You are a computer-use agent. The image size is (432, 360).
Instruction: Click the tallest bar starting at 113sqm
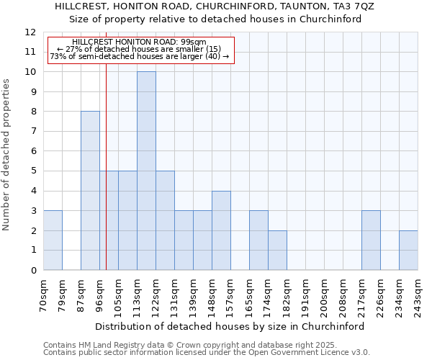pos(146,171)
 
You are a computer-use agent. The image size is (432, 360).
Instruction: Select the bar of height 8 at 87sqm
pos(90,191)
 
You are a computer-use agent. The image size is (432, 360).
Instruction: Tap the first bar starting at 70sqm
pos(53,240)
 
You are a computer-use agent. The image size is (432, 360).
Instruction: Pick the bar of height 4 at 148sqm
pos(221,230)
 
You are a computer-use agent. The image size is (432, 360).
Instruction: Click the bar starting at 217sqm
pos(371,240)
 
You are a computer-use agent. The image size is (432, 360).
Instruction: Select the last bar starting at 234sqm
pos(408,251)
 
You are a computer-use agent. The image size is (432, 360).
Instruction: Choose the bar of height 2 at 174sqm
pos(277,251)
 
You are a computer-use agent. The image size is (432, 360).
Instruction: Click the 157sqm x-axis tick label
pos(230,295)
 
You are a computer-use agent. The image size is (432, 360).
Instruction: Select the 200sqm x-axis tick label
pos(324,295)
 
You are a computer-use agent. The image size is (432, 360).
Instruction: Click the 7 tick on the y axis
pos(33,132)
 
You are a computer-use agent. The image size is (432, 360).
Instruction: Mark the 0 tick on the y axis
pos(33,271)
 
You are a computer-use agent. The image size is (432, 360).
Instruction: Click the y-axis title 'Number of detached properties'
pos(7,155)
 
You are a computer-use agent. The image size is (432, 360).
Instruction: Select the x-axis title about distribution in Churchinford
pos(230,326)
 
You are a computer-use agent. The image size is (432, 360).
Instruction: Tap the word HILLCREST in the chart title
pos(81,6)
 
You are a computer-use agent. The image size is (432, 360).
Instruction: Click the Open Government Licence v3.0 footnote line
pos(207,352)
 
